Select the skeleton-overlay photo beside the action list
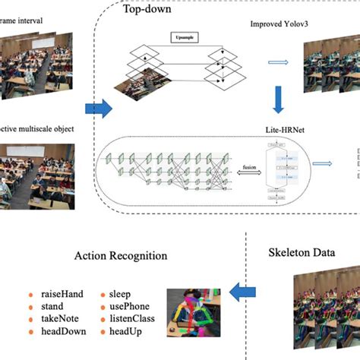click(x=197, y=312)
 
